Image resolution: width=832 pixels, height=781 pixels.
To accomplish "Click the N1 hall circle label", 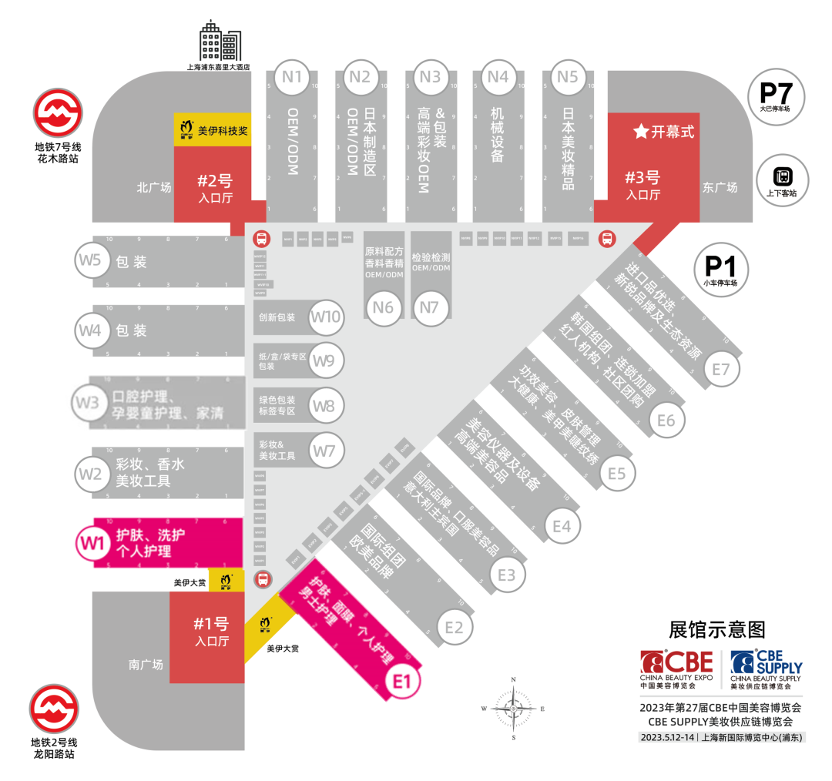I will [292, 76].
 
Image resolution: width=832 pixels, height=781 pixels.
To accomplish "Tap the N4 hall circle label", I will [498, 76].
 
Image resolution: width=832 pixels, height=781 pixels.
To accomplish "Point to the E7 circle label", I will [720, 370].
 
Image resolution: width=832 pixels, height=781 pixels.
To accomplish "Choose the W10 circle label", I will [325, 317].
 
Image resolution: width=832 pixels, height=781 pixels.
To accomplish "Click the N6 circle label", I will [383, 307].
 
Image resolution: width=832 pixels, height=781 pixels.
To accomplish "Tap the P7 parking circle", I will [776, 96].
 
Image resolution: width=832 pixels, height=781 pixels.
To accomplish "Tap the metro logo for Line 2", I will [54, 708].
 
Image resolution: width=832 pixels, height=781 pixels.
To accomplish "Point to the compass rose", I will [513, 707].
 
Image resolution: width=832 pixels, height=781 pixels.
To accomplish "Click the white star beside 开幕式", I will [640, 132].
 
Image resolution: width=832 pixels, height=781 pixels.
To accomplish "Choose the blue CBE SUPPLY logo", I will [766, 667].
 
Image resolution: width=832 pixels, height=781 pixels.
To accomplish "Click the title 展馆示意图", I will [717, 629].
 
